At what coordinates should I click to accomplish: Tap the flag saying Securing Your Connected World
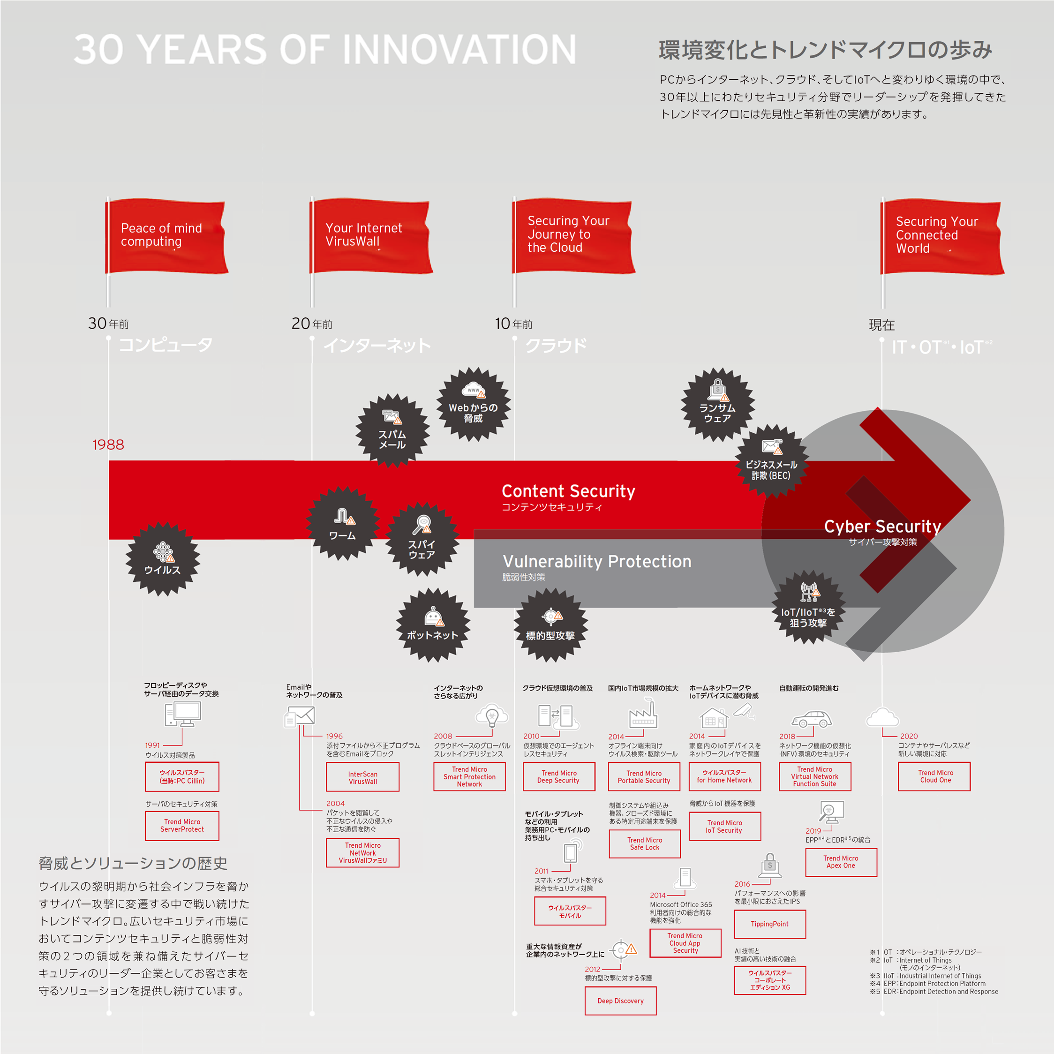(943, 237)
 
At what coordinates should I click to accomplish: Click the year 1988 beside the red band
(108, 444)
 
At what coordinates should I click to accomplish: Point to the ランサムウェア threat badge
(717, 404)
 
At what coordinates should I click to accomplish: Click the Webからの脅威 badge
(473, 404)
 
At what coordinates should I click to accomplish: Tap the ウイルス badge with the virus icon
(163, 558)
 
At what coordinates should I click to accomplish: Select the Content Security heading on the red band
(568, 491)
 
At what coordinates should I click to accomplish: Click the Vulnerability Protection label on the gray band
(597, 561)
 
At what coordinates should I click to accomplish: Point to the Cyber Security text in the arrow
(882, 527)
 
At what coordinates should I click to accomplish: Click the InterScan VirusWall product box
(363, 777)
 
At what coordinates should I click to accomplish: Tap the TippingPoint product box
(770, 924)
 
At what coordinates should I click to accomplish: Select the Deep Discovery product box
(620, 1001)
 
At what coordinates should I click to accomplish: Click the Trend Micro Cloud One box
(935, 776)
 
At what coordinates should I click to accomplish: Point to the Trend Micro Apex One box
(841, 862)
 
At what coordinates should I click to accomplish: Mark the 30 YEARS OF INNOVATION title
(325, 49)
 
